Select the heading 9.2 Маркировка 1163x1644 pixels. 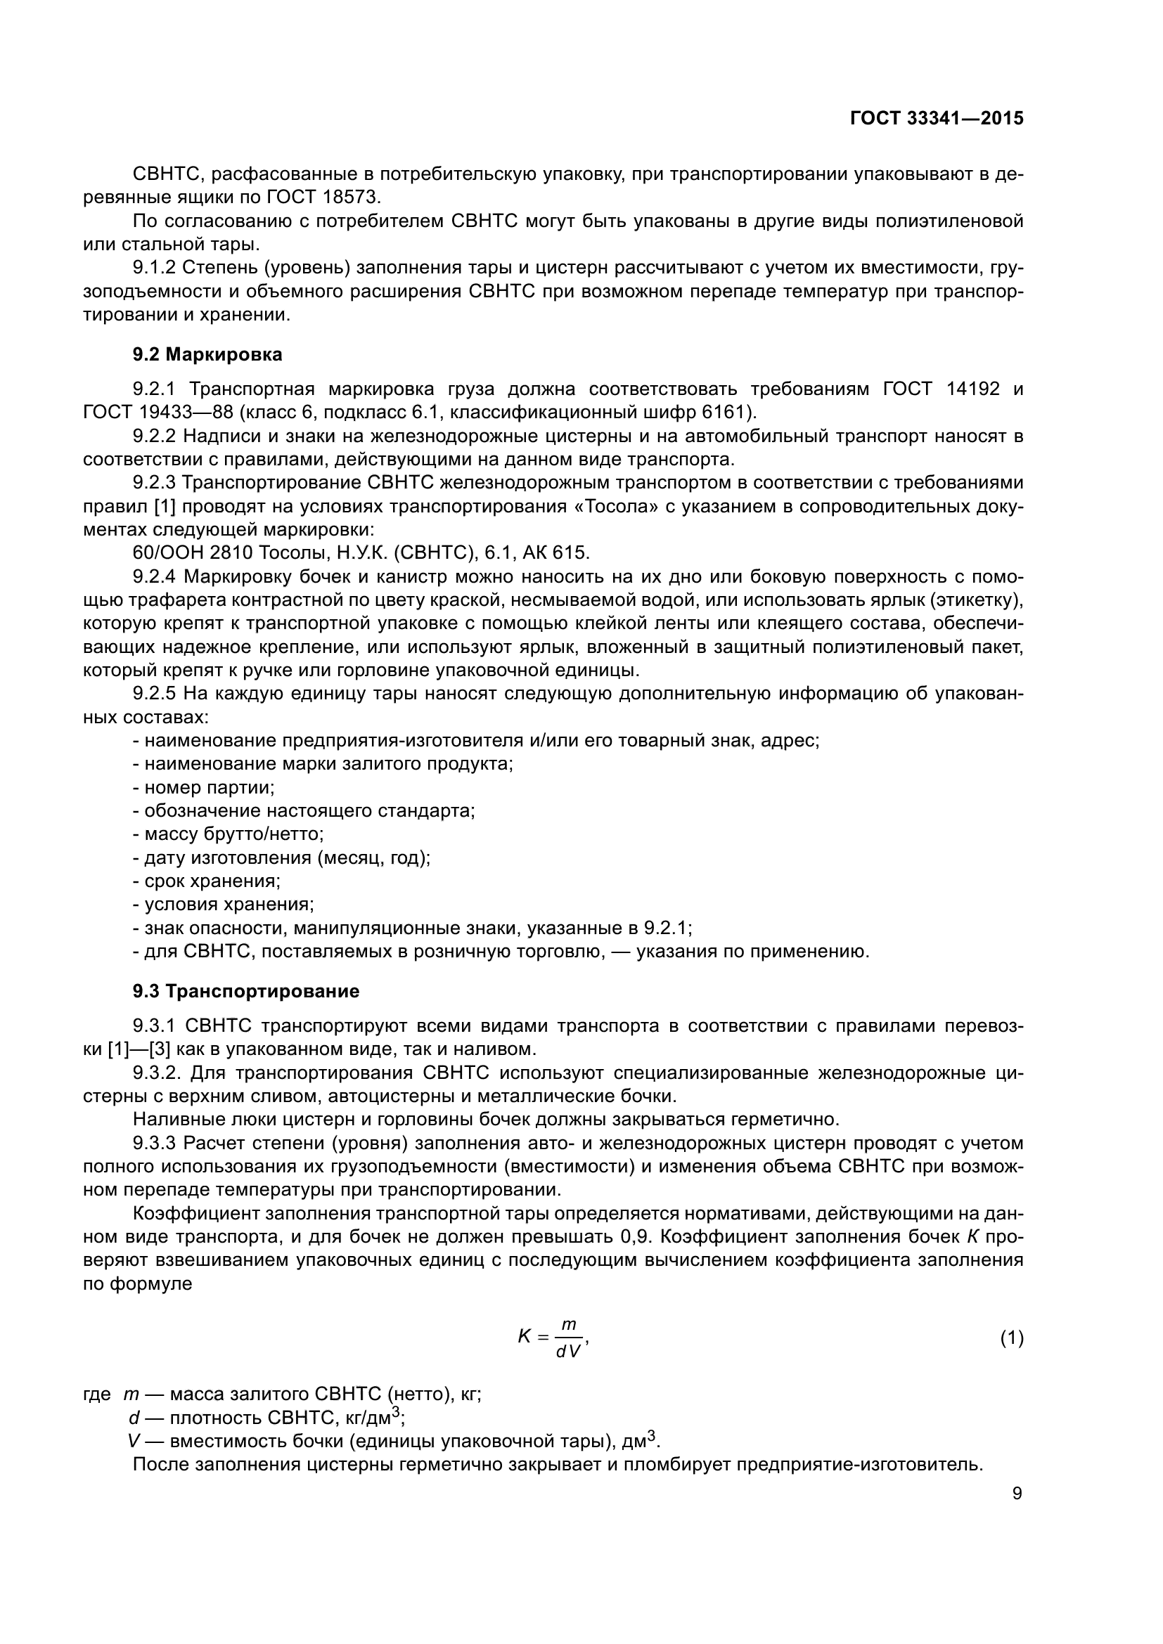207,354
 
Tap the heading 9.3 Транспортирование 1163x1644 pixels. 245,992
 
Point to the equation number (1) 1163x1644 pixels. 1011,1338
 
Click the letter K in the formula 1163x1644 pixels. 525,1336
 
